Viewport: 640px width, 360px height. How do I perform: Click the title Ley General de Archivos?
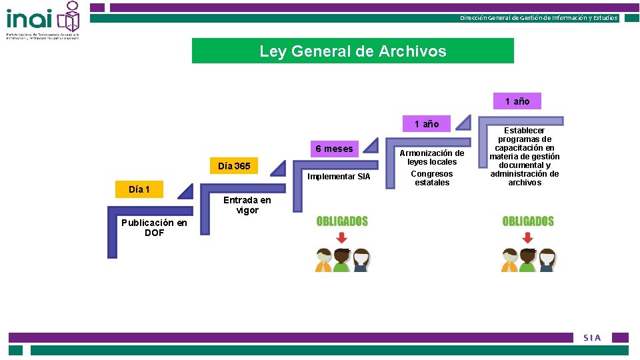(x=353, y=51)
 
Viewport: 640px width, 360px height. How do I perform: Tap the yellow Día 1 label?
(x=139, y=190)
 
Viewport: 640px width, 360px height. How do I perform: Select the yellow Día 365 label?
(x=234, y=166)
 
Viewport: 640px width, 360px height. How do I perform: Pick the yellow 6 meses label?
(x=334, y=149)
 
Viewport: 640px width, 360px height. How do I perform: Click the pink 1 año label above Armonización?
(x=427, y=124)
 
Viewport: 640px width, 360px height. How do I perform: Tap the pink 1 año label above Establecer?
(x=517, y=101)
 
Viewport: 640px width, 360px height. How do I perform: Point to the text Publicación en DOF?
(x=154, y=227)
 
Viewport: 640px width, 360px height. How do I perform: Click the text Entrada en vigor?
(x=247, y=205)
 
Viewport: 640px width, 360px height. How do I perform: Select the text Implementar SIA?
(x=339, y=177)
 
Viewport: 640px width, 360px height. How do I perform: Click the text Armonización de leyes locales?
(x=432, y=157)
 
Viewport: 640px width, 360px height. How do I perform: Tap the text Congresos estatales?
(x=432, y=178)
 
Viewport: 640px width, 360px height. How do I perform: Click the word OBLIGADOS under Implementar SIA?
(x=342, y=221)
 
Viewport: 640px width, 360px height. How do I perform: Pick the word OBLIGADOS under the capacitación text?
(x=528, y=221)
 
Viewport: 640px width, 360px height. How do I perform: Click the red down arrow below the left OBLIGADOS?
(x=342, y=238)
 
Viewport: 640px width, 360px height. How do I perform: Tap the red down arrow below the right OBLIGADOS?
(x=528, y=238)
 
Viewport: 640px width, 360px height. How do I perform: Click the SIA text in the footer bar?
(x=592, y=338)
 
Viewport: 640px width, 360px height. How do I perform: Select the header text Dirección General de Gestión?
(x=539, y=18)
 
